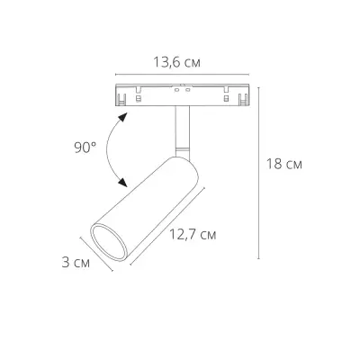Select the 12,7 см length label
point(193,236)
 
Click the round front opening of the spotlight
point(110,242)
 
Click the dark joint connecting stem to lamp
point(180,148)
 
